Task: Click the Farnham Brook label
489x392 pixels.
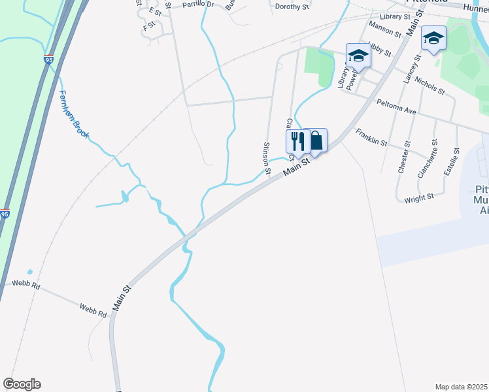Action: pos(73,114)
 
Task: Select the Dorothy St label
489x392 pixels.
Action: pos(292,7)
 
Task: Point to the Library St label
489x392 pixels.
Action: pos(394,16)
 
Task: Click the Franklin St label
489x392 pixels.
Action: pos(371,137)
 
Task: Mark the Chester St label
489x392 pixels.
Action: pos(403,157)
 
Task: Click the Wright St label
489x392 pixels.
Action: pos(419,198)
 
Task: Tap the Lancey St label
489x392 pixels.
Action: pos(411,68)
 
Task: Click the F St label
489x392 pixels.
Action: pos(148,29)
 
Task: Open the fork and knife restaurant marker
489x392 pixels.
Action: pos(297,141)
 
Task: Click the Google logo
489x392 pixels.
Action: pos(22,384)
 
